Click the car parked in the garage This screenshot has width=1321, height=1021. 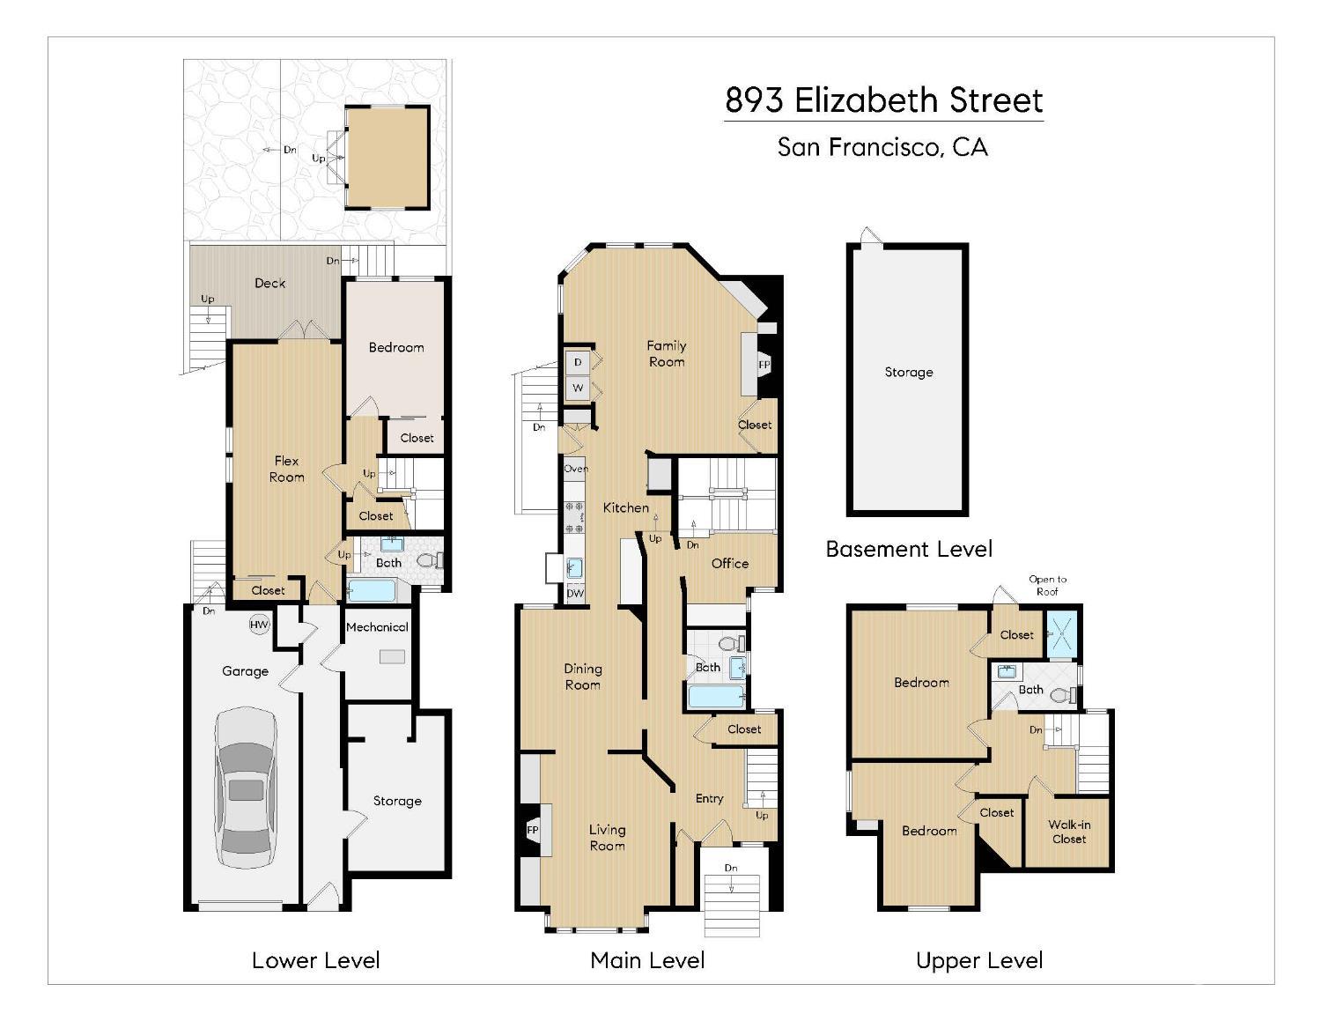tap(247, 788)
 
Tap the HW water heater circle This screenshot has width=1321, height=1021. tap(259, 625)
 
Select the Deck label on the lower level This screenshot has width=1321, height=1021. tap(269, 283)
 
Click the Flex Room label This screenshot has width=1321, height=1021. tap(286, 469)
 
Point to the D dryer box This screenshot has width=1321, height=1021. tap(578, 362)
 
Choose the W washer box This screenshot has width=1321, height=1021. tap(578, 388)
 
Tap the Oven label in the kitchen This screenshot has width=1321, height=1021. tap(576, 469)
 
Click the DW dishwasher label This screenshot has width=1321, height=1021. tap(575, 594)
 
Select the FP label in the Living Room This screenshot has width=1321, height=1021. tap(533, 830)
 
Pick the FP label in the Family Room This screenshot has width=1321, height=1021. tap(764, 365)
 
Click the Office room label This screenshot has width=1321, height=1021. tap(730, 564)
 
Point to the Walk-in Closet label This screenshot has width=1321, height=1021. tap(1069, 832)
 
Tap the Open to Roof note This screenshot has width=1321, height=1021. tap(1047, 585)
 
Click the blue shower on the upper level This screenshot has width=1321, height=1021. tap(1061, 634)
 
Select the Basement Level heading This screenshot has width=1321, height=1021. tap(909, 549)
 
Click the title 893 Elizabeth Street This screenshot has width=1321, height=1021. tap(884, 100)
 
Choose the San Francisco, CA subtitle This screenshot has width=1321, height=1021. tap(882, 147)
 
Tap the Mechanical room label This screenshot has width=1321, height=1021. tap(377, 627)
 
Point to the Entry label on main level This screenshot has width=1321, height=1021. tap(710, 798)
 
